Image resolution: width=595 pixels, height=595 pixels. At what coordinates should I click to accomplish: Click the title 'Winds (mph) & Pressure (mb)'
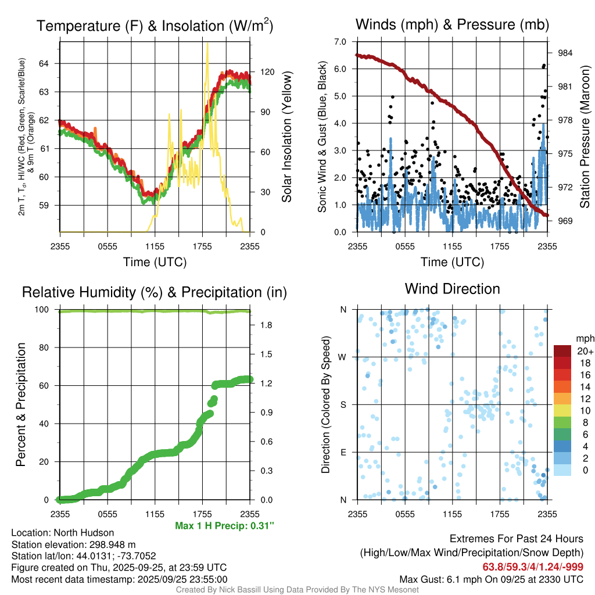coord(452,25)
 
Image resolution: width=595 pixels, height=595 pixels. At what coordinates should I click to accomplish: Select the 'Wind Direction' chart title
coord(452,289)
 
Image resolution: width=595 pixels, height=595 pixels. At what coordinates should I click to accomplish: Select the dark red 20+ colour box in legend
coord(562,351)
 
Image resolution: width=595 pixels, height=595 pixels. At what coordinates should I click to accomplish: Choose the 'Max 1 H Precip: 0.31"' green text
coord(224,526)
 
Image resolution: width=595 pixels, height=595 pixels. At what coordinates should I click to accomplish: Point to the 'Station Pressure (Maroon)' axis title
coord(585,137)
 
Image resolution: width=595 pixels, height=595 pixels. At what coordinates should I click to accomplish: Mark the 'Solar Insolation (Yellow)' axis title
coord(286,137)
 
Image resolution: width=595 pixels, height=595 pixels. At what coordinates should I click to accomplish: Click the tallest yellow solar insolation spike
coord(207,45)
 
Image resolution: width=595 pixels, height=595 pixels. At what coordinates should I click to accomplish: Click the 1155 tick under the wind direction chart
coord(452,514)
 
